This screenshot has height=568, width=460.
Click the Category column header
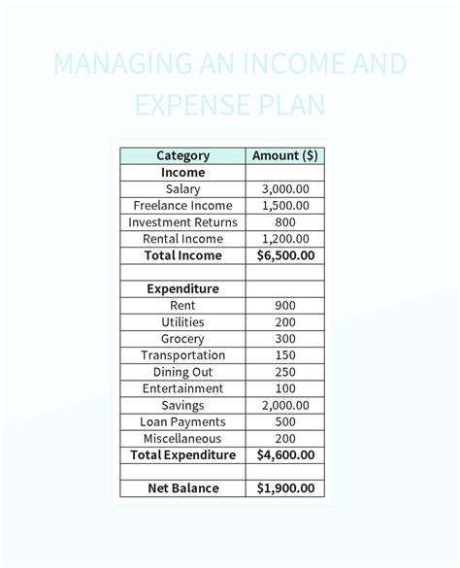(182, 155)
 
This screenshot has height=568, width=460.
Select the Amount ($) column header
(285, 155)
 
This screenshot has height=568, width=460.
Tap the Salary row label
(182, 189)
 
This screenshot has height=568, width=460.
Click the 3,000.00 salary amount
(285, 189)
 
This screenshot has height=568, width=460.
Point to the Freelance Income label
(182, 206)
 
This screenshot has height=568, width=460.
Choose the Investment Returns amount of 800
(285, 222)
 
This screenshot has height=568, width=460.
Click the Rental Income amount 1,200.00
(285, 239)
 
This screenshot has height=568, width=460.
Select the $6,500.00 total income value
(285, 255)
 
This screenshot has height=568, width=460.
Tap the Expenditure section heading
(182, 288)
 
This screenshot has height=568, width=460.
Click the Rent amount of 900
(285, 305)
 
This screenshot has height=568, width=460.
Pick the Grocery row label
(182, 339)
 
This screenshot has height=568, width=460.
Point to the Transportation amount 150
(285, 355)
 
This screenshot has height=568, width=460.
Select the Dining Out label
(182, 372)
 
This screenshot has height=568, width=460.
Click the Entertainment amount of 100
(285, 388)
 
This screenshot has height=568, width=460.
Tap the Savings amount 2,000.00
(285, 405)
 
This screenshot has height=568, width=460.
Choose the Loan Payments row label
(182, 421)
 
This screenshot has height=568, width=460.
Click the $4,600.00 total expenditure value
(285, 454)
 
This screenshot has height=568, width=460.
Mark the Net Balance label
(182, 487)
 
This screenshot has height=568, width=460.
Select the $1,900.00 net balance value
(285, 487)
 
